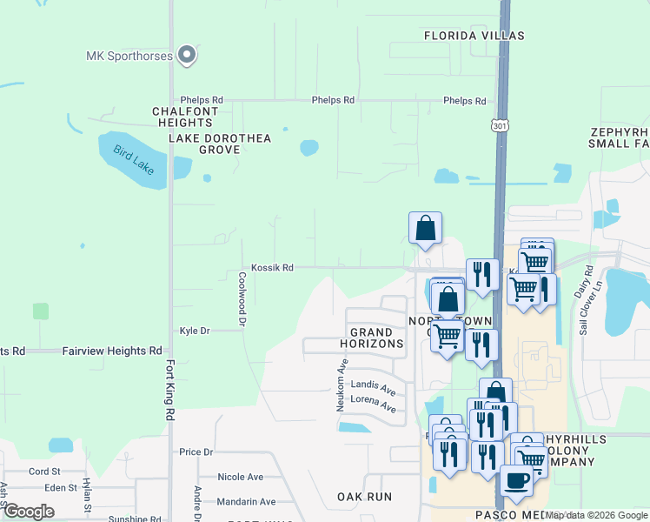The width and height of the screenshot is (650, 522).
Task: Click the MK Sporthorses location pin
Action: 186,56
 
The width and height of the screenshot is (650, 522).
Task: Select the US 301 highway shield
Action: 500,127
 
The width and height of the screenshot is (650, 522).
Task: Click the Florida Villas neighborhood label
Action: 474,36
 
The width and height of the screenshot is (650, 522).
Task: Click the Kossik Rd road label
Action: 272,268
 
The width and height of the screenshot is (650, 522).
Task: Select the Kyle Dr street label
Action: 195,331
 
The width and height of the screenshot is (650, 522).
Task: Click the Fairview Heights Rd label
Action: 112,351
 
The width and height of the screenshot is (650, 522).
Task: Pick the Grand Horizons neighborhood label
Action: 377,338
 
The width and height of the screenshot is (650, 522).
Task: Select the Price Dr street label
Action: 196,452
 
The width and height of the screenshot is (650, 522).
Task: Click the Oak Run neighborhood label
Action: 364,497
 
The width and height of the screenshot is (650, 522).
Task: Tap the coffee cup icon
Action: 516,481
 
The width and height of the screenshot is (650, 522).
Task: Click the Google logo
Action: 28,512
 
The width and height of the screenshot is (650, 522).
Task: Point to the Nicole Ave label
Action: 240,477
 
